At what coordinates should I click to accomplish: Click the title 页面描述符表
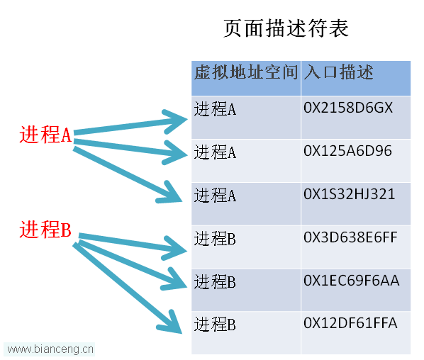click(x=286, y=28)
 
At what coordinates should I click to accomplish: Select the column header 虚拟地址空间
click(x=246, y=72)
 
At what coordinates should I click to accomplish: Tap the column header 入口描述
click(x=338, y=72)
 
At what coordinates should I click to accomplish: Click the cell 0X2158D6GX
click(x=348, y=108)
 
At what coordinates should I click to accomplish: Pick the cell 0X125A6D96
click(x=347, y=151)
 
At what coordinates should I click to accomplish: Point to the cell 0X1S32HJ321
click(x=349, y=194)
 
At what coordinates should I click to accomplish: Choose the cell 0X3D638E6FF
click(x=350, y=237)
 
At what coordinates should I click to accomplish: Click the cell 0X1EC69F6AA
click(x=351, y=281)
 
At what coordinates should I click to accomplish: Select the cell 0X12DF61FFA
click(x=350, y=323)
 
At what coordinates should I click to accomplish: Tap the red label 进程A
click(x=45, y=135)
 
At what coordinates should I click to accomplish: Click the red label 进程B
click(x=45, y=229)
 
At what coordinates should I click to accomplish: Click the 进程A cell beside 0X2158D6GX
click(x=215, y=109)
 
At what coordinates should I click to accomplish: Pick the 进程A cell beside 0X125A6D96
click(x=215, y=152)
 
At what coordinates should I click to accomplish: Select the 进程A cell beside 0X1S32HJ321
click(x=215, y=195)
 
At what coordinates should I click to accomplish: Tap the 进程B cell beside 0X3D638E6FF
click(x=215, y=238)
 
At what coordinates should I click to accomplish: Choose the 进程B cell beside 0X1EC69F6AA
click(x=215, y=281)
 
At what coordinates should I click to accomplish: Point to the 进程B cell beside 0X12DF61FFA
click(x=215, y=325)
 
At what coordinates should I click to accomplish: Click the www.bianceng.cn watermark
click(x=50, y=349)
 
